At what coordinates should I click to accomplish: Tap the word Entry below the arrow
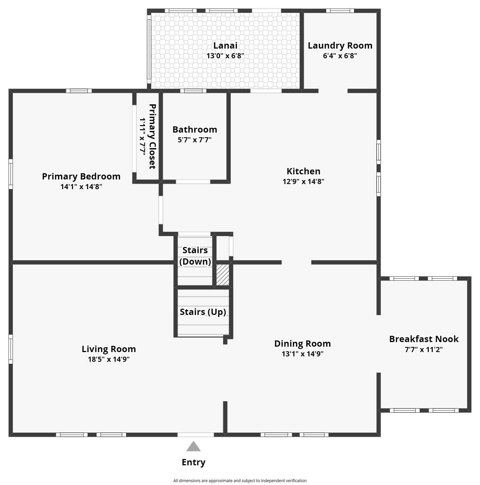click(193, 462)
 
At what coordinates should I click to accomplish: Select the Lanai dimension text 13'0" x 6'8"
click(225, 56)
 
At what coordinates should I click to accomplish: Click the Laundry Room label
click(340, 45)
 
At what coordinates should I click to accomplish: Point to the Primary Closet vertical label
click(152, 136)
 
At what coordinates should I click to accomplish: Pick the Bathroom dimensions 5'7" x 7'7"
click(194, 140)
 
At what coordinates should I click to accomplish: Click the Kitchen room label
click(303, 171)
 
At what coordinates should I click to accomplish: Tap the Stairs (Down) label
click(195, 256)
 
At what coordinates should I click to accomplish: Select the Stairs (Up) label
click(203, 312)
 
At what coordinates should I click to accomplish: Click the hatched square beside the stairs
click(222, 275)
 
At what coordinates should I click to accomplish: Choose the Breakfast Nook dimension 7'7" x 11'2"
click(423, 350)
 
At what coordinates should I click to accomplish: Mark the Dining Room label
click(302, 344)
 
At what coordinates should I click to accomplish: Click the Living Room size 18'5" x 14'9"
click(109, 359)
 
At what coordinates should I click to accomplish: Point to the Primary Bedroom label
click(81, 176)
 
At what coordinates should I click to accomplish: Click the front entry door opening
click(196, 435)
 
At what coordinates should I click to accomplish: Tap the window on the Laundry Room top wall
click(340, 11)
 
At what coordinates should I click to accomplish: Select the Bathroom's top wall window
click(193, 91)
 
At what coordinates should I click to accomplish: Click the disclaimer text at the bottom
click(240, 481)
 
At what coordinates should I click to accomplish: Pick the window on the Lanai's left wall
click(149, 47)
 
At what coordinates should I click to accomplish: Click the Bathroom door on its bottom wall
click(193, 181)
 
